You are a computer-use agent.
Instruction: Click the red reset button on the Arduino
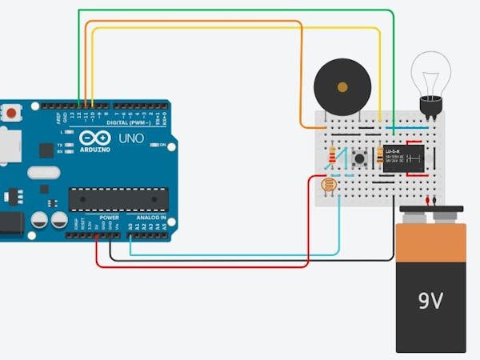tap(12, 114)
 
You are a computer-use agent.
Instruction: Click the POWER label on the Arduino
tap(110, 217)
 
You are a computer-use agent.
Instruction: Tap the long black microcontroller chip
tap(118, 198)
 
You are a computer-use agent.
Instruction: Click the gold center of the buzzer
tap(342, 86)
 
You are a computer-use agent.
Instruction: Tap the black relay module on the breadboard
tap(403, 157)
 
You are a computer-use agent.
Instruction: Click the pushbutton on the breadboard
tap(360, 158)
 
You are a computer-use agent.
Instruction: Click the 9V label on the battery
tap(430, 301)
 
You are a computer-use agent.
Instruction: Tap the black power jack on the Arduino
tap(10, 223)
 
